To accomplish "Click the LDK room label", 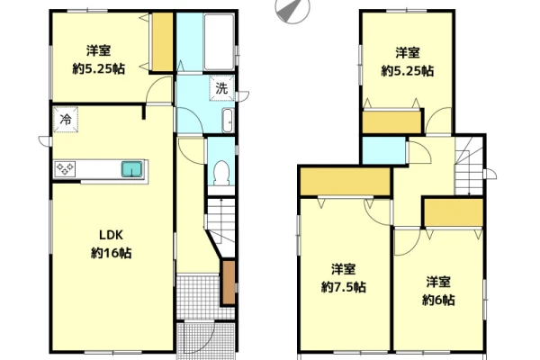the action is tap(111, 235).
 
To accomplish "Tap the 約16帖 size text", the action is tap(111, 253).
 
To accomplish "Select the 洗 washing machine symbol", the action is tap(221, 88).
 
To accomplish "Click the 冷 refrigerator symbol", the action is tap(66, 120).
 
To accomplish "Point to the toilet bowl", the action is tap(221, 173).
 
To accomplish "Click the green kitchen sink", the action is tap(131, 169).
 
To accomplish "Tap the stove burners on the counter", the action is tap(65, 169).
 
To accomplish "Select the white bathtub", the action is tap(219, 42).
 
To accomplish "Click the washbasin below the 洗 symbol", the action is tap(228, 121).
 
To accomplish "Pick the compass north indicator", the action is tap(292, 10).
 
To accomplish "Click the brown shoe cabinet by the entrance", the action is tap(229, 283).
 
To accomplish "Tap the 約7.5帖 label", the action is tap(344, 286).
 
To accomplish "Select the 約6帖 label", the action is tap(438, 300).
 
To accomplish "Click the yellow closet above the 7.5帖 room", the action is tap(345, 182).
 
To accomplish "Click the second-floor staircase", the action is tap(469, 166).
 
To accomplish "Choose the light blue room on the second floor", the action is tap(384, 150).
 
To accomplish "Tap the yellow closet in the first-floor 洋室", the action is tap(162, 42).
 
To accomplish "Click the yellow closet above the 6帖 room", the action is tap(454, 212).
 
